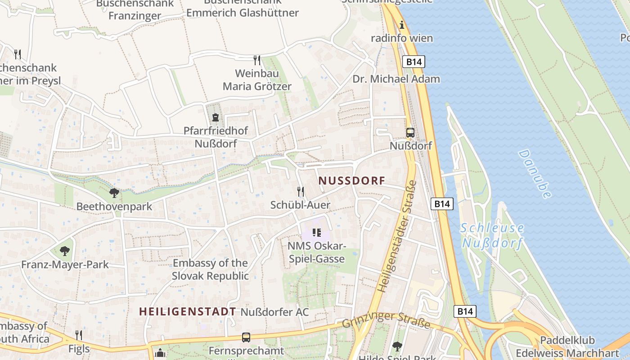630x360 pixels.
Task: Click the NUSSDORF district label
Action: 352,181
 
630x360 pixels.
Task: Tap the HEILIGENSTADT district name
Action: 187,311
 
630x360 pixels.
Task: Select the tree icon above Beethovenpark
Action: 114,193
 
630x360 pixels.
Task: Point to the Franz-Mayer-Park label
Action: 65,264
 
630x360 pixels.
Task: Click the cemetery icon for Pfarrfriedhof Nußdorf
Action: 216,118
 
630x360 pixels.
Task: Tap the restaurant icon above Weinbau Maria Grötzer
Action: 257,60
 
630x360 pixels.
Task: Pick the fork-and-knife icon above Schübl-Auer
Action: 301,192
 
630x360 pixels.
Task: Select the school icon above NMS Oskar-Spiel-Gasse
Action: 316,233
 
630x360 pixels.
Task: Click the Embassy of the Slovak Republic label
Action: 210,269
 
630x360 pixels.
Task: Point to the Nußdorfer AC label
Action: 274,312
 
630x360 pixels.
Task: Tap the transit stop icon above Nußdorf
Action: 410,133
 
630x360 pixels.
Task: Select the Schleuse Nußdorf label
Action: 492,235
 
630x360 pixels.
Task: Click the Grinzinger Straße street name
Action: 386,319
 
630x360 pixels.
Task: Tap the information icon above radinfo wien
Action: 402,25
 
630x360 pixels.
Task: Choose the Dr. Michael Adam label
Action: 396,79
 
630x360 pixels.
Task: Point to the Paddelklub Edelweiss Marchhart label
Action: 567,346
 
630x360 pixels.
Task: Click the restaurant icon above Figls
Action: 79,335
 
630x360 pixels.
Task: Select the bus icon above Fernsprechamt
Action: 246,337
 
